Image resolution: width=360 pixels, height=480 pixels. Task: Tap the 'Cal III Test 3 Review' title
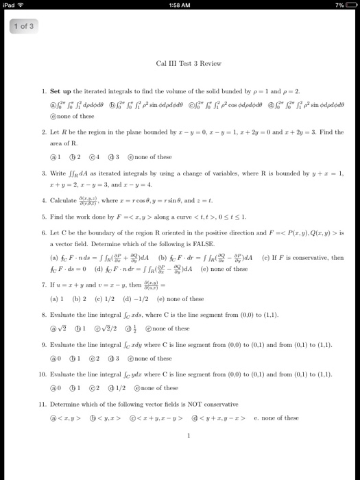pos(189,64)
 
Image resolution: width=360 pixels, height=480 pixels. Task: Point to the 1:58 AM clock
pos(179,5)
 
